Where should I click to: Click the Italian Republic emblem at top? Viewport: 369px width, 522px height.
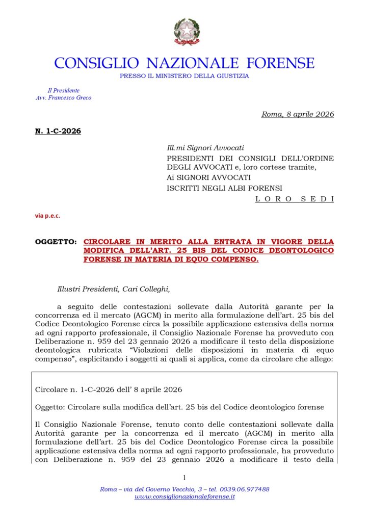(x=187, y=32)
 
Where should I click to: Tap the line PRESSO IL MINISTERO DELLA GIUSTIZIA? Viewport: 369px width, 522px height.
(x=184, y=76)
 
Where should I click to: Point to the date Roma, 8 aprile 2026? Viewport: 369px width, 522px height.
(x=298, y=114)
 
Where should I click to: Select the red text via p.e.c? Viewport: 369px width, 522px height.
(x=47, y=216)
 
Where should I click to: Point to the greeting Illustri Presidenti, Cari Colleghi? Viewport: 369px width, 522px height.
(x=113, y=289)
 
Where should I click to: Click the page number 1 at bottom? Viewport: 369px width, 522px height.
(x=184, y=478)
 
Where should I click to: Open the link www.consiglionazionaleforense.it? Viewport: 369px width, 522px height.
(x=184, y=497)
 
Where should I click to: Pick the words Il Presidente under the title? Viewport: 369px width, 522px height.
(x=64, y=90)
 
